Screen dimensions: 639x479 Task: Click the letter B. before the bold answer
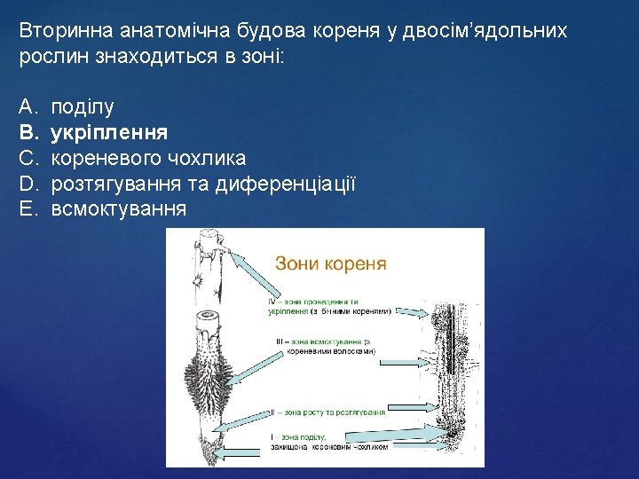coord(28,133)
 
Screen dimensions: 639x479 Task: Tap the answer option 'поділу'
coord(83,108)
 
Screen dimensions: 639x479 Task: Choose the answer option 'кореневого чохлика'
coord(149,159)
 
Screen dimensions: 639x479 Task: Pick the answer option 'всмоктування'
coord(119,209)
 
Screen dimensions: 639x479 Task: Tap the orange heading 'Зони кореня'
coord(331,263)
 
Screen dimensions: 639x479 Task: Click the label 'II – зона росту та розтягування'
coord(328,412)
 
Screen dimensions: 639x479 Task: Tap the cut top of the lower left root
coord(209,317)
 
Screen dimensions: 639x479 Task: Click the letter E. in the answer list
coord(28,209)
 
